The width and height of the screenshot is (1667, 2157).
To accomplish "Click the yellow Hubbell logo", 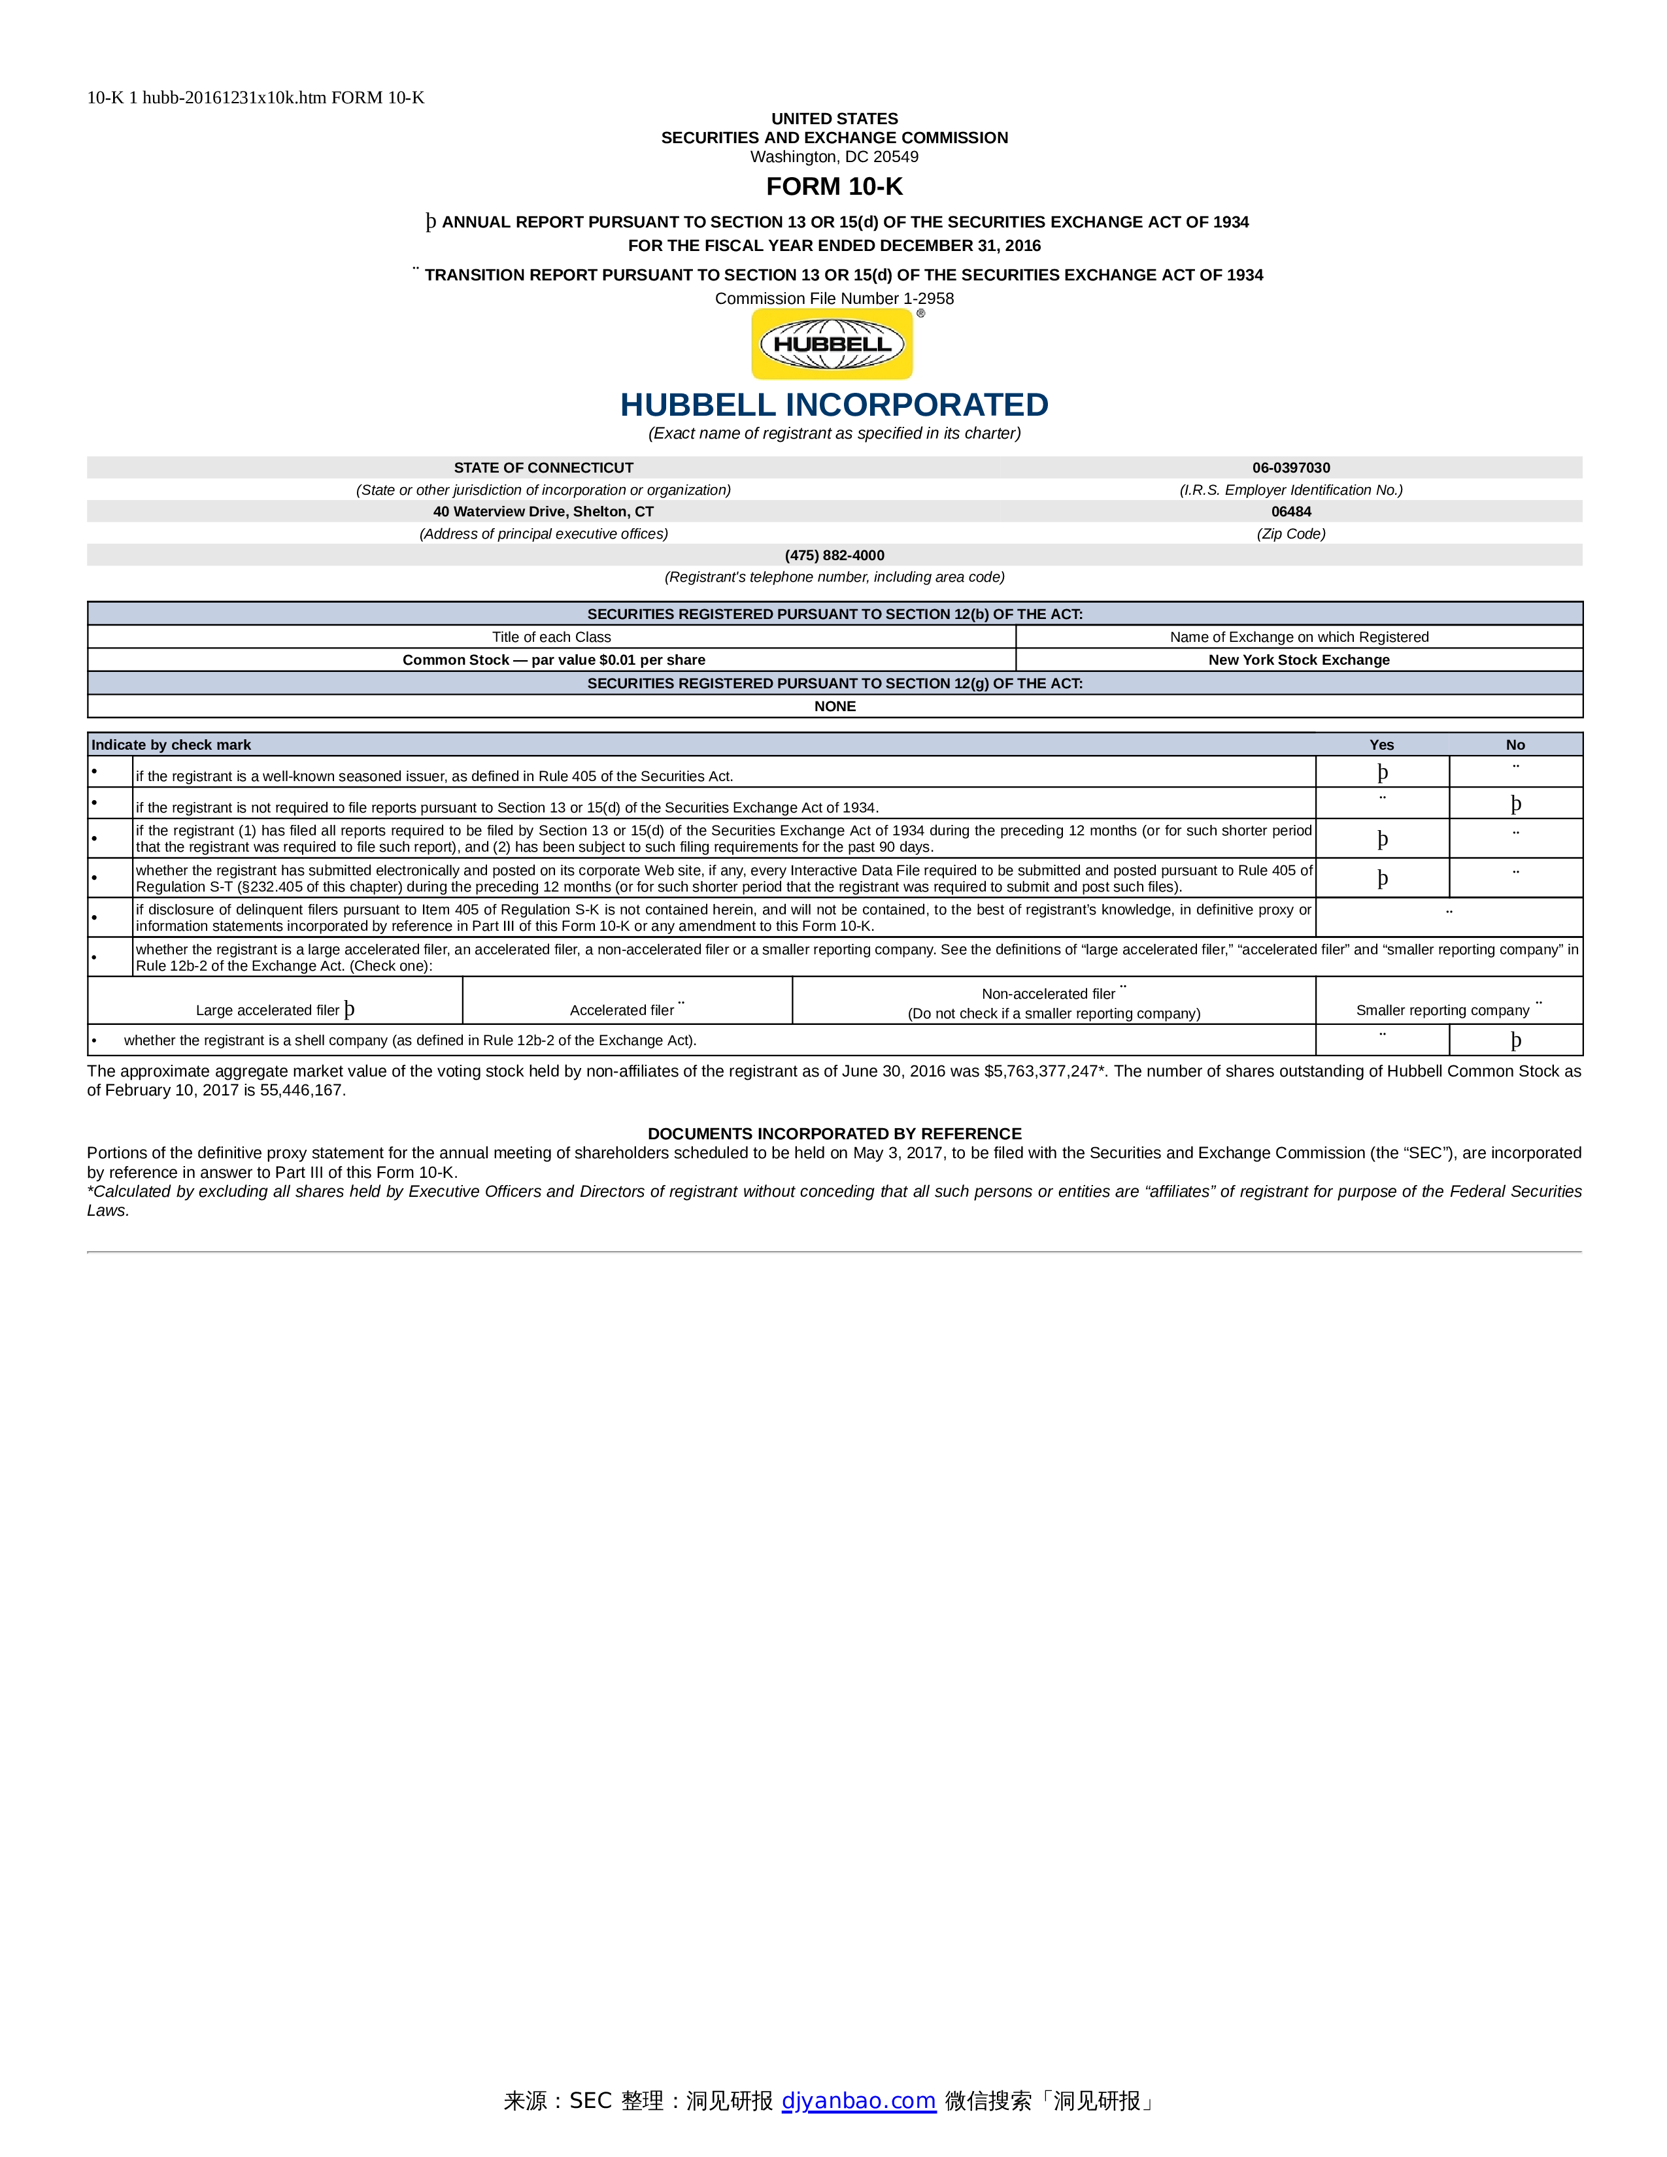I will pyautogui.click(x=832, y=344).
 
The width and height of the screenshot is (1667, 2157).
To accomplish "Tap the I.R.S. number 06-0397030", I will pyautogui.click(x=1290, y=467).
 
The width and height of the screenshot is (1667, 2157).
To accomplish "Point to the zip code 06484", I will pyautogui.click(x=1290, y=512).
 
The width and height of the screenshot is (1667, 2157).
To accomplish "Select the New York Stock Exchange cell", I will pyautogui.click(x=1299, y=660).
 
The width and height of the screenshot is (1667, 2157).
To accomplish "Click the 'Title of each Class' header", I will pyautogui.click(x=551, y=637).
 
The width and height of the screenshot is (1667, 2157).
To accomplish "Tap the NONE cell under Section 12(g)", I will pyautogui.click(x=835, y=706).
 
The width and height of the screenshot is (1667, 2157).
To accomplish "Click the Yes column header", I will pyautogui.click(x=1381, y=744).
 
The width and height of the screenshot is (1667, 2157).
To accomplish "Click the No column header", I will pyautogui.click(x=1515, y=744).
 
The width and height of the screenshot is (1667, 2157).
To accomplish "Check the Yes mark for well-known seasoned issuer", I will pyautogui.click(x=1383, y=773).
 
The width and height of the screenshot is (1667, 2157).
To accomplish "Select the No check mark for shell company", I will pyautogui.click(x=1516, y=1040).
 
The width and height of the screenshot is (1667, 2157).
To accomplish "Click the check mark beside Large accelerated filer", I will pyautogui.click(x=350, y=1009).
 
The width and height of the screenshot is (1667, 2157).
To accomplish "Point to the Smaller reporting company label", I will pyautogui.click(x=1442, y=1011).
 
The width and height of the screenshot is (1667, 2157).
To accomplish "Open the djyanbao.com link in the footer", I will pyautogui.click(x=858, y=2101).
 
